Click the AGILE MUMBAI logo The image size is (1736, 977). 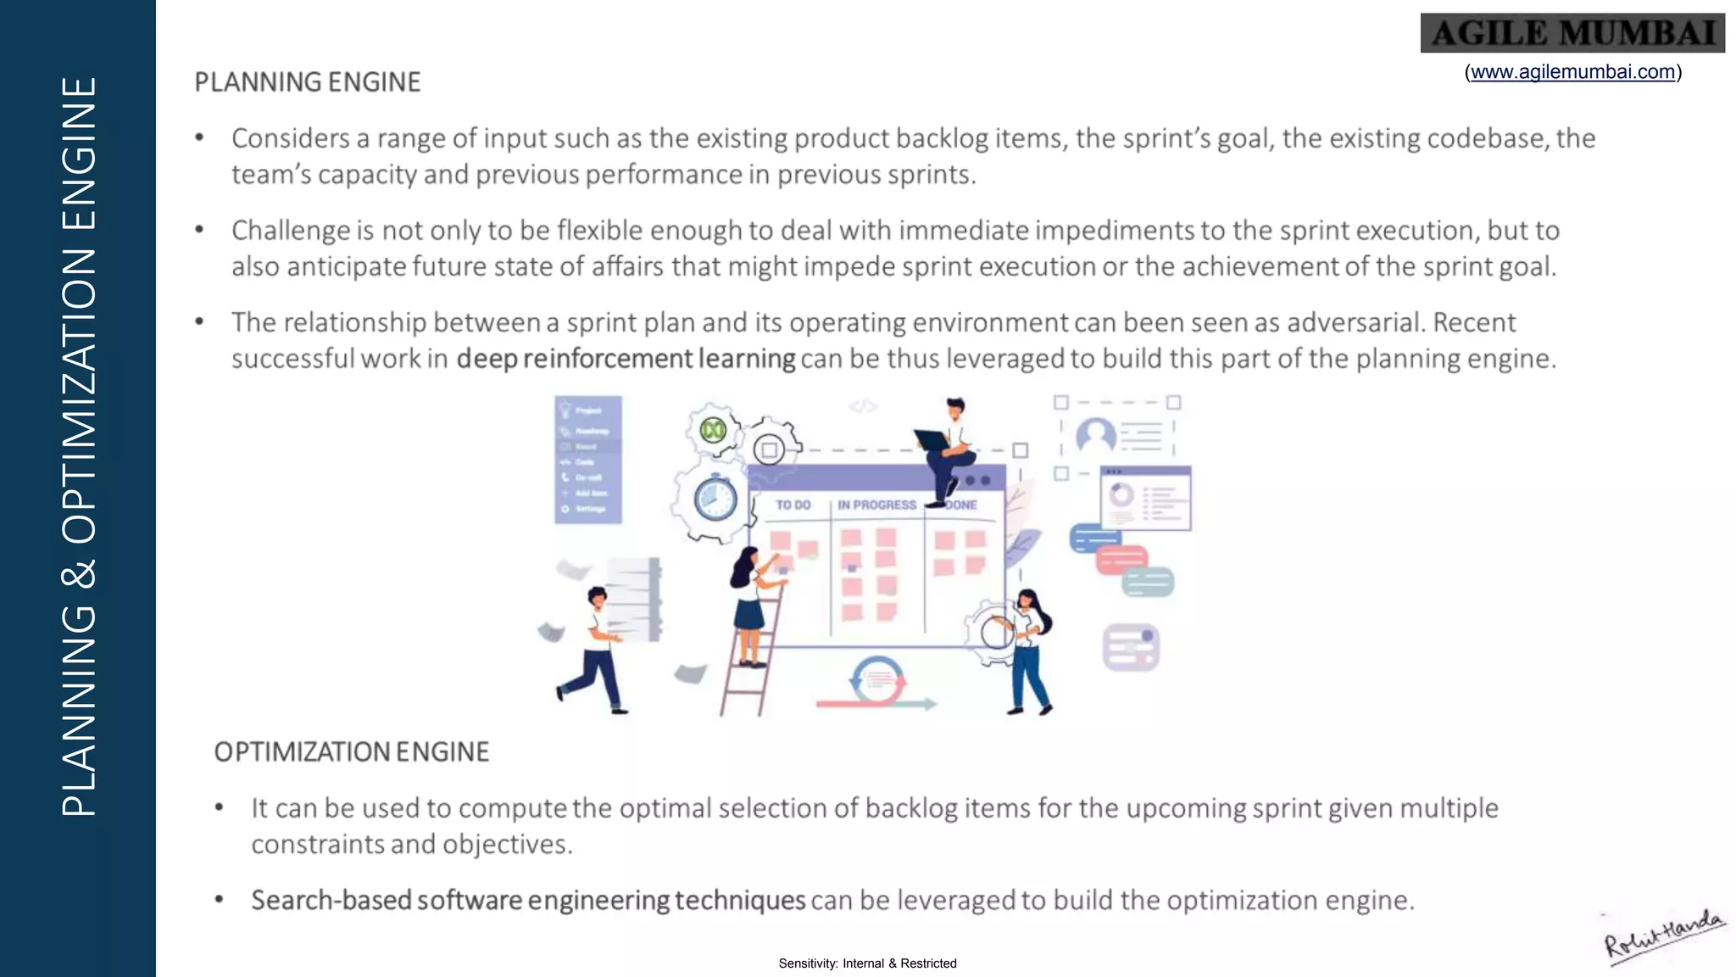tap(1572, 33)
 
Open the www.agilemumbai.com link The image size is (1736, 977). tap(1572, 72)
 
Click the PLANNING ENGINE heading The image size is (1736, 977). tap(308, 82)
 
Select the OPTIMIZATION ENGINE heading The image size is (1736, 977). tap(352, 752)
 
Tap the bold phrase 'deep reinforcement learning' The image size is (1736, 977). tap(626, 359)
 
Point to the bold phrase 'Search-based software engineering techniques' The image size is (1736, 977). tap(527, 900)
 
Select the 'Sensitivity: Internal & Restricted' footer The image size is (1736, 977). tap(867, 963)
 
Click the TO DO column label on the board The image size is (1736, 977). tap(793, 505)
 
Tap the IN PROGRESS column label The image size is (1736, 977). tap(876, 505)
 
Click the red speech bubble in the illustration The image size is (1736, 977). tap(1121, 560)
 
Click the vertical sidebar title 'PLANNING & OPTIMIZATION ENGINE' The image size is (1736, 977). tap(78, 446)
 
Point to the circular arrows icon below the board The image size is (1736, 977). tap(876, 678)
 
